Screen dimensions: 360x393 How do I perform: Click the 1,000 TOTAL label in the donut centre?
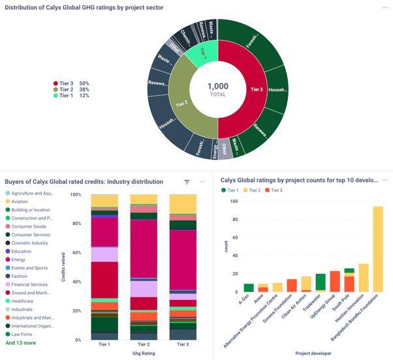coord(218,89)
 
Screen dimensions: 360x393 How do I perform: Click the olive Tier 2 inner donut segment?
coord(181,102)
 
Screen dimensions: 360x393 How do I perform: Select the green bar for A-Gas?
coord(249,288)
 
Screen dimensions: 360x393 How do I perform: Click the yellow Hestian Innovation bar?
coord(364,277)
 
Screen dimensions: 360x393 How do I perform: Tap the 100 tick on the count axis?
coord(234,202)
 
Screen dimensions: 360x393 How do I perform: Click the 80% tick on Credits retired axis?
coord(76,224)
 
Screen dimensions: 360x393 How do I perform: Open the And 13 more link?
coord(21,343)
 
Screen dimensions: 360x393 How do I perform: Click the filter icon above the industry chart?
coord(187,182)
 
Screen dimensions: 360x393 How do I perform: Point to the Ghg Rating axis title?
coord(144,353)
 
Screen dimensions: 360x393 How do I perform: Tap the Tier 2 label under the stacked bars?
coord(144,344)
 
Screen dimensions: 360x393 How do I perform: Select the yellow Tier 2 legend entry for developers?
coord(252,190)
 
